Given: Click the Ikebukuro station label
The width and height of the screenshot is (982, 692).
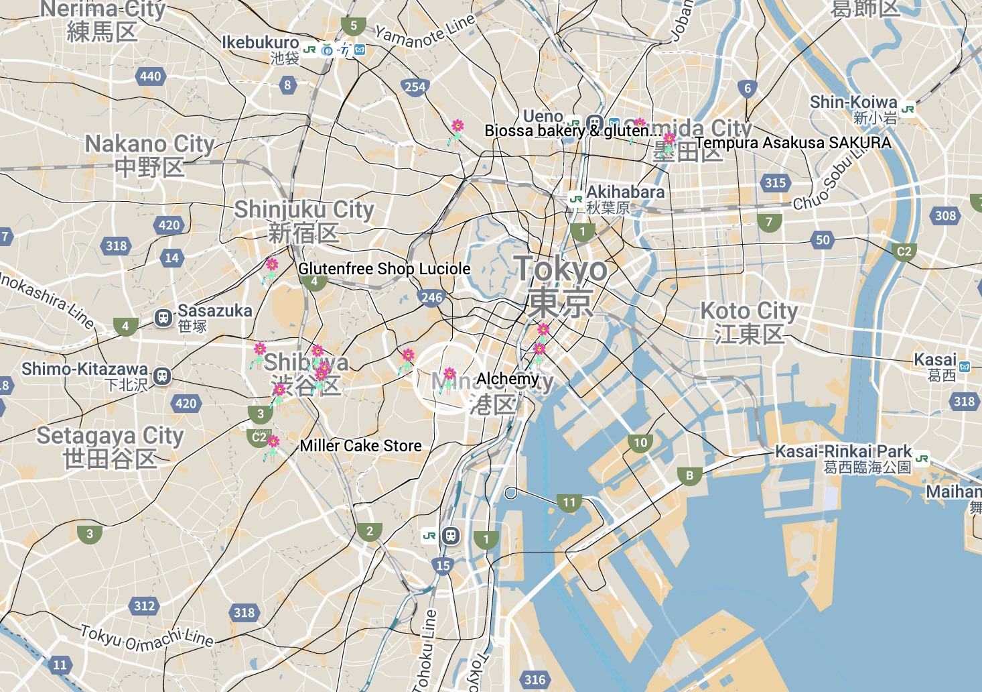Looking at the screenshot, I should [260, 43].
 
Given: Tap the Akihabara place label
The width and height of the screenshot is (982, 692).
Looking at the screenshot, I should [625, 192].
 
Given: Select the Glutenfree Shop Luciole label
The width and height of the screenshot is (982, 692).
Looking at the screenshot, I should [384, 269].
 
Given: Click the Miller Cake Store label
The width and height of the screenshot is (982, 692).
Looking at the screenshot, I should [360, 446].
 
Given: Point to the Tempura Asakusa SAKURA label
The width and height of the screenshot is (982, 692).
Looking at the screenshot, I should [792, 143].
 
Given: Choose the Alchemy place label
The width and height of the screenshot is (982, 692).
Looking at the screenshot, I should [507, 380].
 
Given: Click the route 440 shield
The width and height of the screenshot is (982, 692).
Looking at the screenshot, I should [151, 76].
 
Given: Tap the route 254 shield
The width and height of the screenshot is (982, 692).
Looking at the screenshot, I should [415, 86].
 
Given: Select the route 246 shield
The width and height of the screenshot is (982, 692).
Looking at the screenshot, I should [431, 297].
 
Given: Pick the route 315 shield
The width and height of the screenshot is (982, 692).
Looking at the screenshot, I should [775, 182].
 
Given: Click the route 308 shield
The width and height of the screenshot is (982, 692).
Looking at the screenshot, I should [945, 215].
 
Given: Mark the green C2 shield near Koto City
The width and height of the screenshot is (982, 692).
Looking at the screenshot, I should [904, 251].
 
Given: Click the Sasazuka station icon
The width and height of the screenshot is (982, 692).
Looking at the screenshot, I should [163, 318].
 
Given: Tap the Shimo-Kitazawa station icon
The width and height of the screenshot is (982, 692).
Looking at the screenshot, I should [161, 376].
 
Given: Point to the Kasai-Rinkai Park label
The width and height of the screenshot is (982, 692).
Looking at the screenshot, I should [843, 451].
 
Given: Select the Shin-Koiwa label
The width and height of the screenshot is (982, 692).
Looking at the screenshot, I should [853, 103].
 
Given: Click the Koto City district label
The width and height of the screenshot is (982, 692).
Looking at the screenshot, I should [749, 312].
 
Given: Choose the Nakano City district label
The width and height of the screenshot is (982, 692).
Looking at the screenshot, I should [149, 144].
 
